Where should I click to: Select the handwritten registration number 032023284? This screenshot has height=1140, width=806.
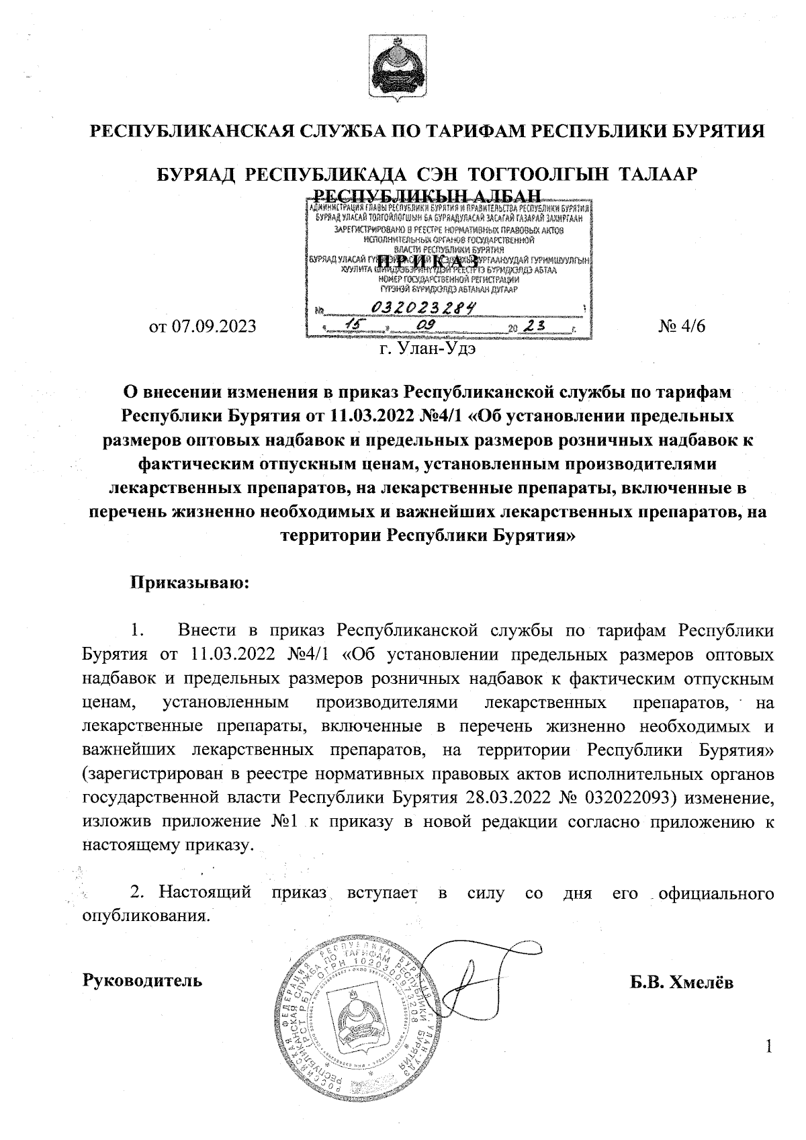tap(423, 308)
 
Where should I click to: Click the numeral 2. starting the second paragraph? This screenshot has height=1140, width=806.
tap(137, 893)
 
